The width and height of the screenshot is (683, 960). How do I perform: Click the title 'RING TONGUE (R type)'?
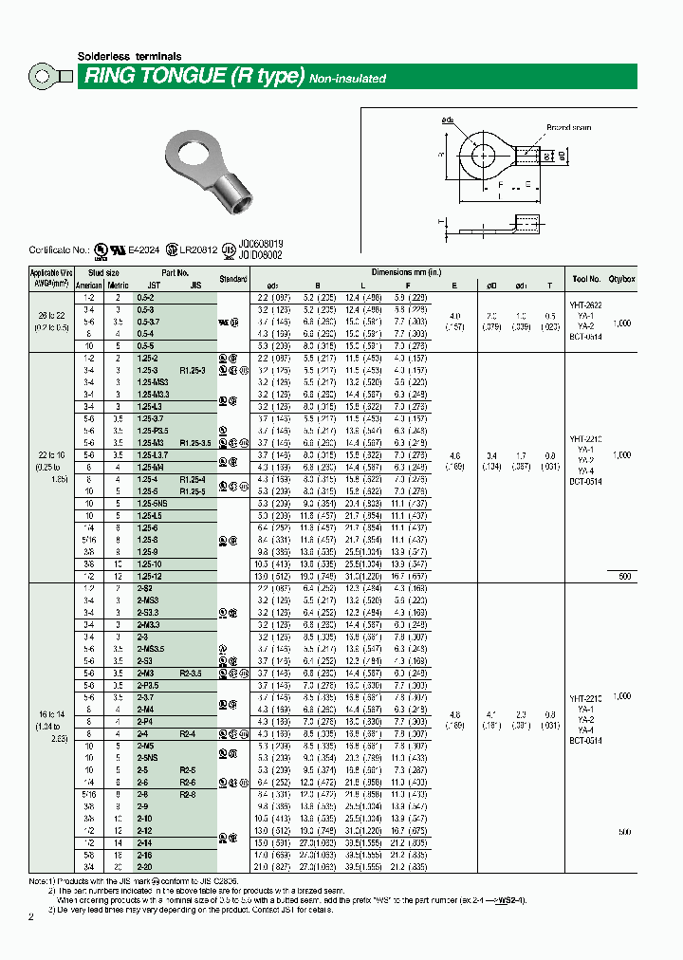tap(194, 77)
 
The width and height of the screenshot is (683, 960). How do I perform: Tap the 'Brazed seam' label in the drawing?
tap(568, 127)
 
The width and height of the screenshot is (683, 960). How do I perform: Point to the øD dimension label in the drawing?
tap(561, 155)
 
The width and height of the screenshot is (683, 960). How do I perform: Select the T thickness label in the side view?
tap(440, 221)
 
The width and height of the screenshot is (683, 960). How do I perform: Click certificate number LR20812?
tap(198, 250)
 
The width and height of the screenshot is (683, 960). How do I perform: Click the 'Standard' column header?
tap(233, 280)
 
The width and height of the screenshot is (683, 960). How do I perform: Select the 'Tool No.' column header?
tap(586, 280)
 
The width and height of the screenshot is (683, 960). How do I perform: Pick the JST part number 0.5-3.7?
tap(148, 323)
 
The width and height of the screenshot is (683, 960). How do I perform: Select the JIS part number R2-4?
tap(188, 733)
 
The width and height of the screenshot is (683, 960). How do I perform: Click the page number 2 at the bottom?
tap(30, 916)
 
